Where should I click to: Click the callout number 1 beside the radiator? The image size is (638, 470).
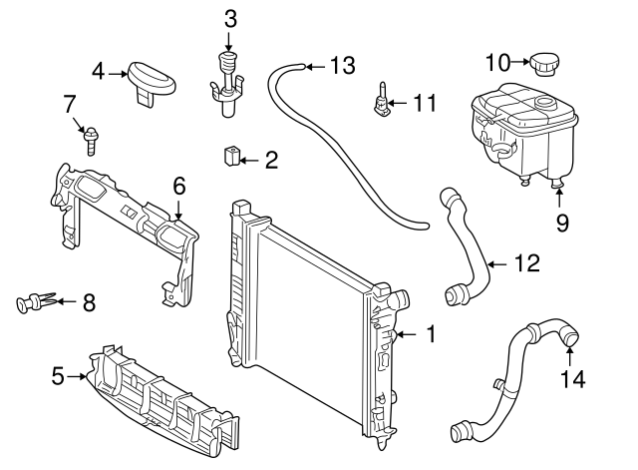point(431,334)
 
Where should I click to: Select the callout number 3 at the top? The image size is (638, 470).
point(230,18)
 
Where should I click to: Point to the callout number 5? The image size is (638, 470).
point(58,376)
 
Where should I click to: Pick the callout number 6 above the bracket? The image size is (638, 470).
point(179,186)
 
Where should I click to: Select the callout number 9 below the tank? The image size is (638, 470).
point(562,223)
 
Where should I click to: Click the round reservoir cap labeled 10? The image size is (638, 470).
point(545,64)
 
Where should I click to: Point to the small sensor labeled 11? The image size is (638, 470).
point(382,103)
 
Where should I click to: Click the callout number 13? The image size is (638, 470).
point(341,67)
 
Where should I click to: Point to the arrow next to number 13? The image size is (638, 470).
point(313,67)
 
